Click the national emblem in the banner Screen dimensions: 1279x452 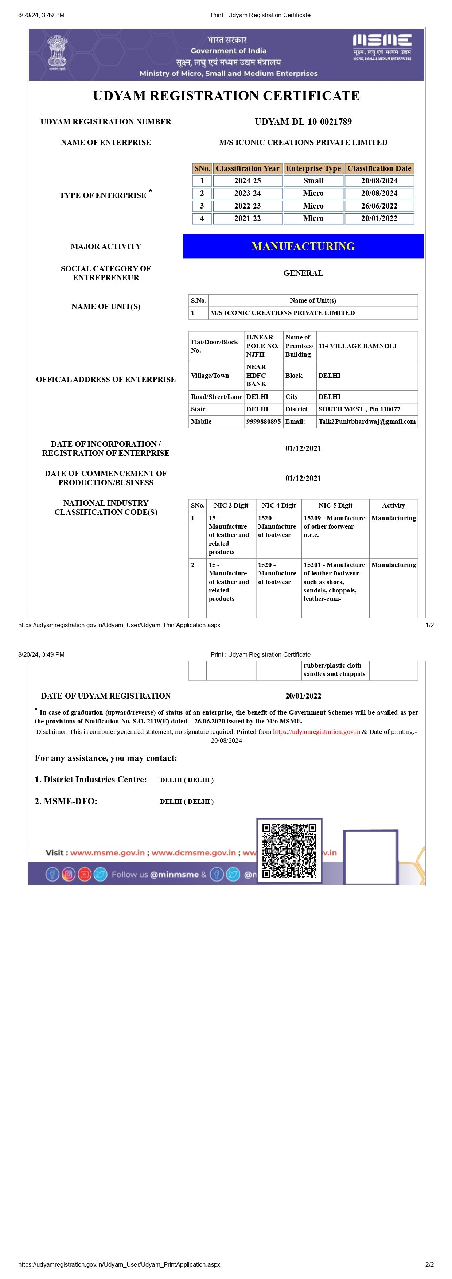tap(57, 51)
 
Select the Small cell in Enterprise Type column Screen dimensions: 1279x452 tap(313, 181)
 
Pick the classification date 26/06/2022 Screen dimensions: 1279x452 tap(379, 206)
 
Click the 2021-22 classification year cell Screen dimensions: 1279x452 tap(247, 218)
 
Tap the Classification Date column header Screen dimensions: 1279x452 tap(379, 168)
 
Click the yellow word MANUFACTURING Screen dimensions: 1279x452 tap(303, 246)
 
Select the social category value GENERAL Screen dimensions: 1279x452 tap(303, 273)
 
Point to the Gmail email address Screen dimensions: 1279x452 tap(367, 421)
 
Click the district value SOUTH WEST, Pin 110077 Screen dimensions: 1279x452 tap(359, 409)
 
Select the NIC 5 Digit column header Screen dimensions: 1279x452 tap(335, 505)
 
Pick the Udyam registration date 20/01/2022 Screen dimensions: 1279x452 tap(303, 696)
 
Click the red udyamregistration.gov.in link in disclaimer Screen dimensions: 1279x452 tap(316, 732)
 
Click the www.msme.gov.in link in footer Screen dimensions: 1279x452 tap(107, 852)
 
